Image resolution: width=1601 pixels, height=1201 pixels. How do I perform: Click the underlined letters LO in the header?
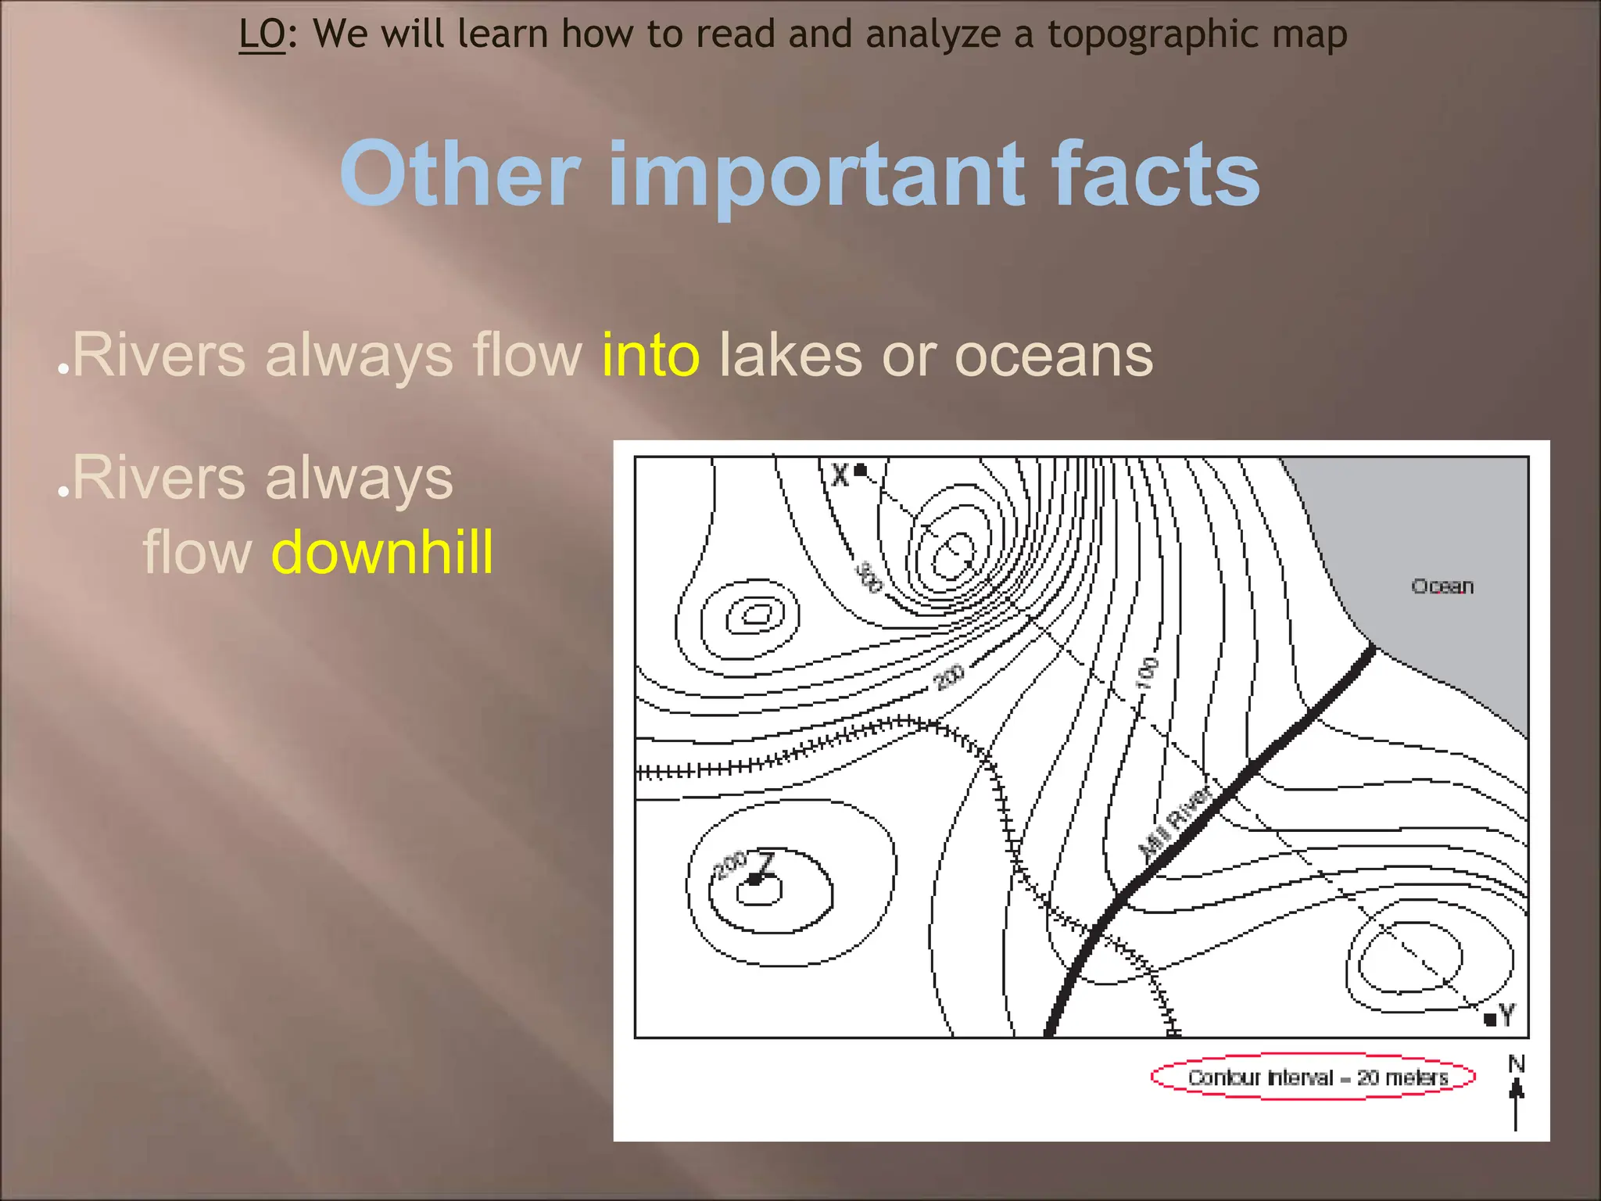tap(262, 35)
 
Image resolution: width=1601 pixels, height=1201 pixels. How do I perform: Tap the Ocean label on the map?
tap(1442, 586)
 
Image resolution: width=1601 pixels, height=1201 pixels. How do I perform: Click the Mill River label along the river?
tap(1175, 822)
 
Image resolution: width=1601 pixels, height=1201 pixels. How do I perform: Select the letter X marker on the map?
tap(841, 475)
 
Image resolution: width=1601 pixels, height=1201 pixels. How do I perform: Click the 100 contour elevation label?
tap(1147, 674)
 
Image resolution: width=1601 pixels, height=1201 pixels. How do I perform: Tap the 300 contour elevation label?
tap(868, 577)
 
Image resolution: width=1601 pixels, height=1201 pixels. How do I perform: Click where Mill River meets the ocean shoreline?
tap(1373, 648)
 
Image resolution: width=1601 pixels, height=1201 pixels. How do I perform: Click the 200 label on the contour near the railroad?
tap(949, 677)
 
